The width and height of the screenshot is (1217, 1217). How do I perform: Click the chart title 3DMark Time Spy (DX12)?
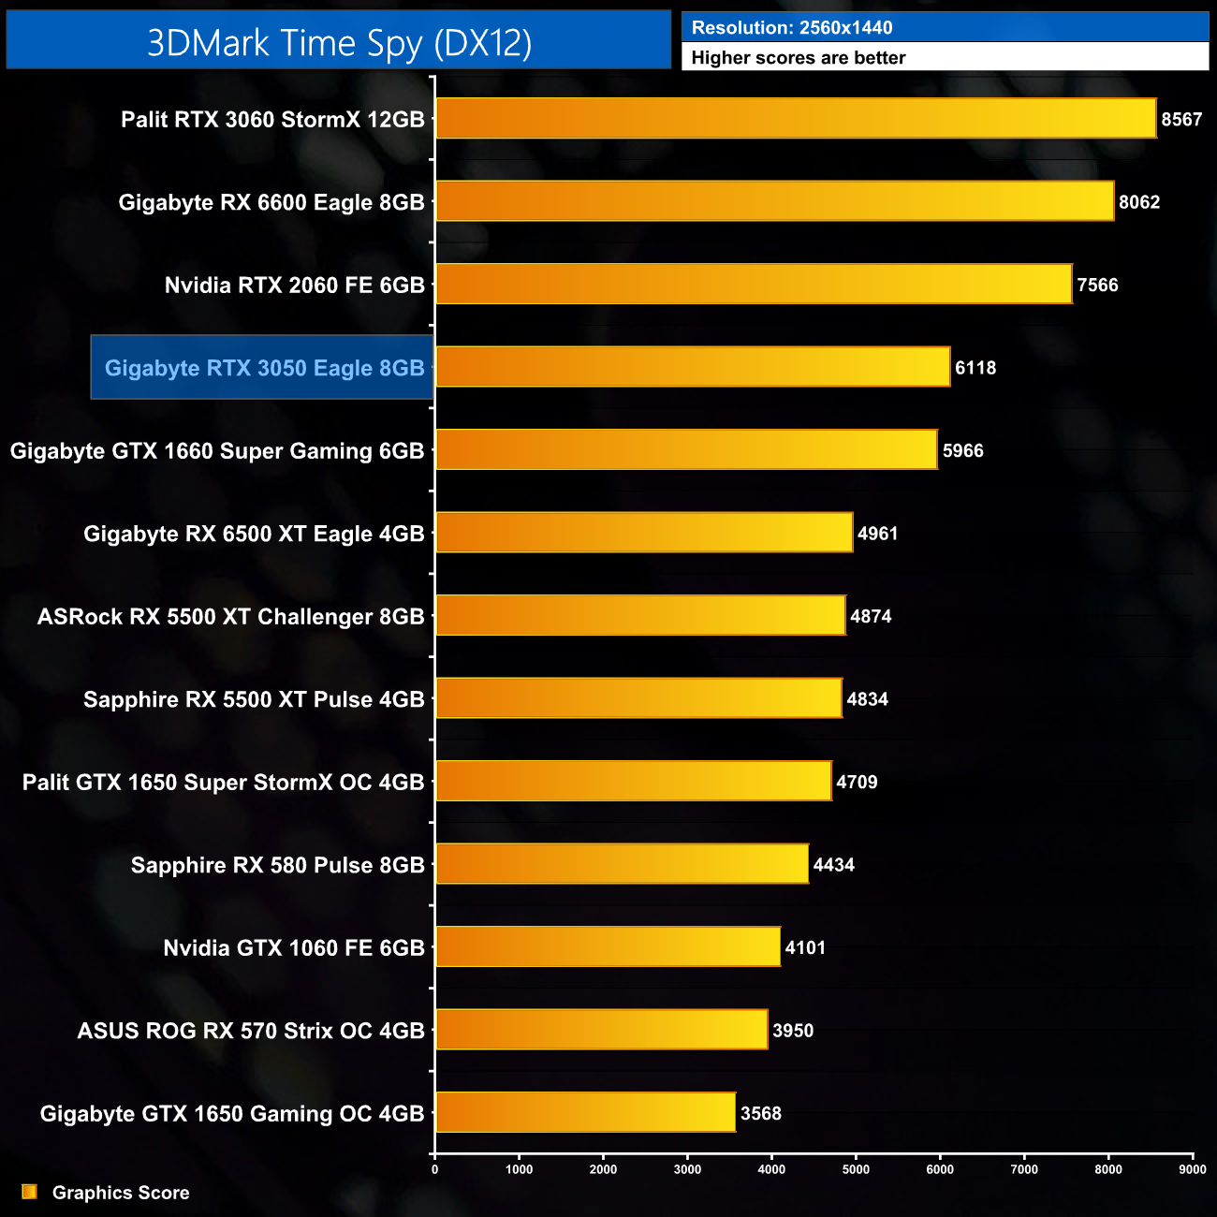[x=339, y=43]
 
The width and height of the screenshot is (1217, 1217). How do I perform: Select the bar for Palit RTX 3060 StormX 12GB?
[x=796, y=119]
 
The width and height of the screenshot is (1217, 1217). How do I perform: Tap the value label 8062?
[x=1139, y=202]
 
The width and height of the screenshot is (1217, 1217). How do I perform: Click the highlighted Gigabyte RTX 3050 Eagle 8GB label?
[x=264, y=368]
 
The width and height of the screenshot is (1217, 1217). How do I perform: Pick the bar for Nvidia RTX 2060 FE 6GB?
[x=754, y=285]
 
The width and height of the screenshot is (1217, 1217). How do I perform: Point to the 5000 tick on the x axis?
[x=856, y=1168]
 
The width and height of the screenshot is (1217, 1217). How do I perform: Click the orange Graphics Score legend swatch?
[x=30, y=1192]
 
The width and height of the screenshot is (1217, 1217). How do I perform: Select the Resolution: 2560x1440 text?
[x=792, y=28]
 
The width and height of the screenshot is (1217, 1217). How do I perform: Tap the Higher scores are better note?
[x=799, y=58]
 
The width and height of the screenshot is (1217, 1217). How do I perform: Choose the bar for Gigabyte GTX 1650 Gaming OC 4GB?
[x=585, y=1113]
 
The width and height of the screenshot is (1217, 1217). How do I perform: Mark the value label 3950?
[x=793, y=1031]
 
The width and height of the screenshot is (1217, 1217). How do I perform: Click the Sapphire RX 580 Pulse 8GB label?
[x=277, y=865]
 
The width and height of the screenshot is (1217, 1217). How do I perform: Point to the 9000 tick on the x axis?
[x=1193, y=1168]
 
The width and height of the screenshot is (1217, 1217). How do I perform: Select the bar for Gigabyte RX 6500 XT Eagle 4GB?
[x=644, y=534]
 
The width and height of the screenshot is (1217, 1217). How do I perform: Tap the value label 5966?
[x=962, y=451]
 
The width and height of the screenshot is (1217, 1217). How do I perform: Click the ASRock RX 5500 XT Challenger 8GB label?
[x=230, y=617]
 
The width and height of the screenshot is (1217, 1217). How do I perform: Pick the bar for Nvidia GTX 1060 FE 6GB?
[x=608, y=947]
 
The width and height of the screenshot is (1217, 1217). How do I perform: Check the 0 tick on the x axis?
[x=434, y=1168]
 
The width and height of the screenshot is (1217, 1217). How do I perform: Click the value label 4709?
[x=857, y=783]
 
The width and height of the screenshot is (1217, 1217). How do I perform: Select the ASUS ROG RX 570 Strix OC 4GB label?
[x=251, y=1031]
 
